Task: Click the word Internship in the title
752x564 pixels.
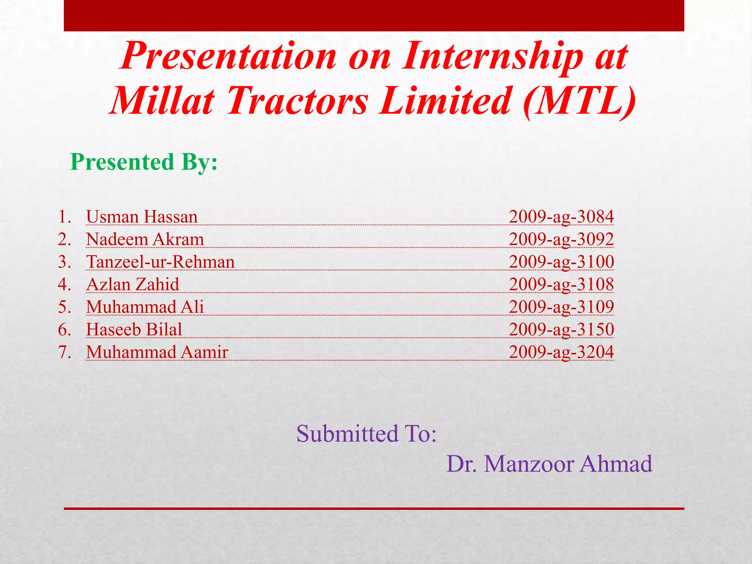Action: click(492, 56)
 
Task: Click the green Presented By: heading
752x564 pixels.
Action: click(144, 162)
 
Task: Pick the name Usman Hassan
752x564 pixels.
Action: click(142, 217)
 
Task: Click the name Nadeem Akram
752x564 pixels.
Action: click(145, 239)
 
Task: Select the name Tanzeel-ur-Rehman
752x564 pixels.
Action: click(160, 262)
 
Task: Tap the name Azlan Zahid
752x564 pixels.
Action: click(133, 285)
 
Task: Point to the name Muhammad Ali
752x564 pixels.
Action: click(145, 307)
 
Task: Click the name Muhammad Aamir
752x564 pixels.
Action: click(157, 352)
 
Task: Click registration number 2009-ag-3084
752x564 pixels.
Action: click(561, 217)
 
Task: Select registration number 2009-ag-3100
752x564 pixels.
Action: click(561, 262)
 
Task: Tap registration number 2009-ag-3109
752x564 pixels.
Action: click(561, 307)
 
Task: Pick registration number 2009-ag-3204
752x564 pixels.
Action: click(561, 352)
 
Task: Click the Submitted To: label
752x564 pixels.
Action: click(366, 434)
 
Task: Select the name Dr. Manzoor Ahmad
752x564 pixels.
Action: click(549, 464)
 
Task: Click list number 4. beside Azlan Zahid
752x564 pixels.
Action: click(64, 285)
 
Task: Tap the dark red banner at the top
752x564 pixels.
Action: click(374, 15)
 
